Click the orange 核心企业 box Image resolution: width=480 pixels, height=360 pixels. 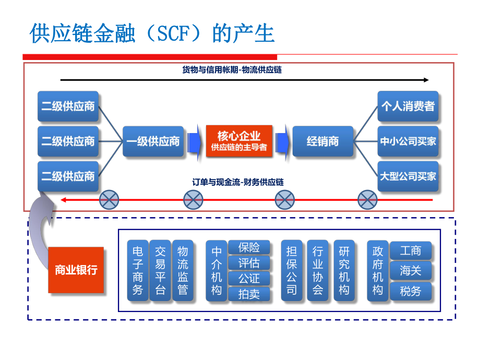(239, 141)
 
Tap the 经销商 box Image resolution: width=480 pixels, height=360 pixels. (323, 141)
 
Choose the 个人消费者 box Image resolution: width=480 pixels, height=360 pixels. (408, 106)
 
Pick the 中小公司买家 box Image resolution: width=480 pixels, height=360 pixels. (408, 141)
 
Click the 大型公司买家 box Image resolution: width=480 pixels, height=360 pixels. (408, 176)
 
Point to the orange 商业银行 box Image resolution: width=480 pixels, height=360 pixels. (76, 270)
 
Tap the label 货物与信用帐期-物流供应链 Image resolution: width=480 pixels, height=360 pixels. (232, 69)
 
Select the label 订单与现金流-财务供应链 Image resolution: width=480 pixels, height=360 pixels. (238, 182)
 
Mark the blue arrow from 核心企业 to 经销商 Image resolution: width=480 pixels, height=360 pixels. (282, 141)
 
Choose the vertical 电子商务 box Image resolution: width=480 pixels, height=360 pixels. (138, 270)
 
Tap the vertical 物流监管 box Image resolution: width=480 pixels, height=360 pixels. (183, 270)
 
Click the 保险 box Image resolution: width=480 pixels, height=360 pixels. (249, 247)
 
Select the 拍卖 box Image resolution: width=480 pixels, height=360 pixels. (249, 294)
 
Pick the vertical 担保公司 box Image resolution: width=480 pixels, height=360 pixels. (292, 270)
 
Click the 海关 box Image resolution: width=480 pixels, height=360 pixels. (411, 270)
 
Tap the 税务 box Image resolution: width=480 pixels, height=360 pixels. (411, 291)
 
